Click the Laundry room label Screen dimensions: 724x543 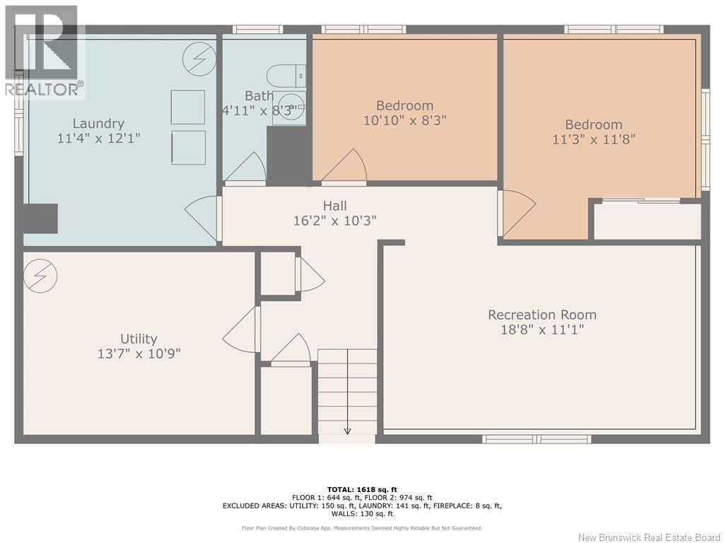point(98,123)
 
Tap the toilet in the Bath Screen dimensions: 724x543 point(286,76)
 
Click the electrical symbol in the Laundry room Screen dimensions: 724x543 point(199,59)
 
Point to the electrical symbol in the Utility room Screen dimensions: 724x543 point(40,276)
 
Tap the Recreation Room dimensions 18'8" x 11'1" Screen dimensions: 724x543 point(542,329)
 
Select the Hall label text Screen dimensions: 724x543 point(334,206)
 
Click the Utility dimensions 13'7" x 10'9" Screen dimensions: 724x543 point(139,354)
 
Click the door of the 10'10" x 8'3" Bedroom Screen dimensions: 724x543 point(344,167)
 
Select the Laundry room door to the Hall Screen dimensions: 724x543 point(203,218)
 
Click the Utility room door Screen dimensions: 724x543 point(241,329)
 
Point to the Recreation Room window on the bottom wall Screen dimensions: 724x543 point(537,438)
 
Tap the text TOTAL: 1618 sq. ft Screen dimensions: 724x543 point(362,489)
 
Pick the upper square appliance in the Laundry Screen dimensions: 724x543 point(188,107)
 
